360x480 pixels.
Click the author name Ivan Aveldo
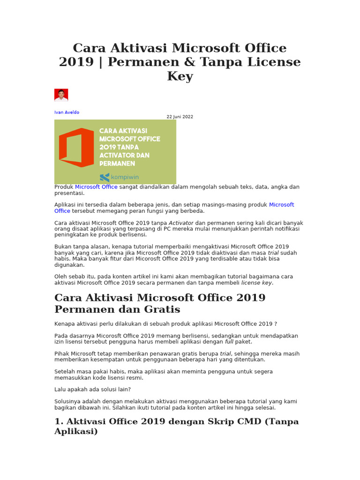pyautogui.click(x=67, y=112)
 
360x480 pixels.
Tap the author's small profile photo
pyautogui.click(x=61, y=95)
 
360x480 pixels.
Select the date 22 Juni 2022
pyautogui.click(x=180, y=117)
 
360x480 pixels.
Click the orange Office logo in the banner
pyautogui.click(x=76, y=148)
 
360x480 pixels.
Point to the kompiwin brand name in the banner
pyautogui.click(x=124, y=177)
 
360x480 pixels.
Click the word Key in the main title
pyautogui.click(x=180, y=76)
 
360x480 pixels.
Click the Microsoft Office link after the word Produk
pyautogui.click(x=96, y=187)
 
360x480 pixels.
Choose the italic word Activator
pyautogui.click(x=181, y=223)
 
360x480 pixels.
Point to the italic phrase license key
pyautogui.click(x=256, y=283)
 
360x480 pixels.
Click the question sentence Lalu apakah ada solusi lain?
pyautogui.click(x=92, y=390)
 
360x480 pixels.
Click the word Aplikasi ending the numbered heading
pyautogui.click(x=76, y=431)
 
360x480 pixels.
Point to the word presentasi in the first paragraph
pyautogui.click(x=69, y=193)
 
